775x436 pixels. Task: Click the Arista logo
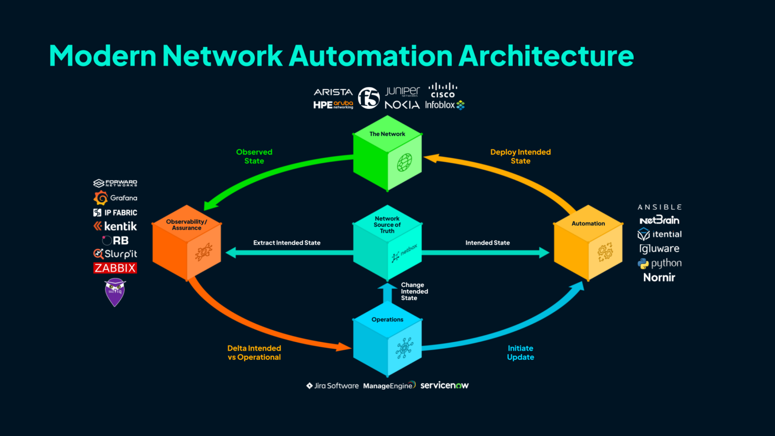click(x=333, y=92)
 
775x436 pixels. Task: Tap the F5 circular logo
click(x=368, y=98)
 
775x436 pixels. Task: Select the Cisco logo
click(x=442, y=91)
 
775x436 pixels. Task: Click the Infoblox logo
click(x=444, y=105)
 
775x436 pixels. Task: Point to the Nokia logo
click(x=402, y=105)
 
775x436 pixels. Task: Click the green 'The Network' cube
click(x=387, y=153)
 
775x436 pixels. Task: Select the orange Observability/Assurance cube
click(x=187, y=243)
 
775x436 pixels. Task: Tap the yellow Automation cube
click(x=588, y=243)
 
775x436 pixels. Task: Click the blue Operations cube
click(x=387, y=339)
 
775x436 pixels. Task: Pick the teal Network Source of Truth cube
click(x=387, y=243)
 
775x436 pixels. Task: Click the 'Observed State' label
click(x=254, y=156)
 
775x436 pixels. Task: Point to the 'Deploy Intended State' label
click(x=520, y=156)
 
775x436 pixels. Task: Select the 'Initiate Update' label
click(x=520, y=353)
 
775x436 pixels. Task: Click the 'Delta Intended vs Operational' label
click(x=254, y=353)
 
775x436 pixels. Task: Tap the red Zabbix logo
click(x=115, y=268)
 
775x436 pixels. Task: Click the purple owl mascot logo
click(x=115, y=292)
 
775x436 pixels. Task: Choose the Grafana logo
click(x=116, y=198)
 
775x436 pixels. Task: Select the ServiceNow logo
click(x=444, y=386)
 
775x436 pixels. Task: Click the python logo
click(x=659, y=263)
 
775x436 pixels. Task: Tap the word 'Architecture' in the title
click(x=546, y=56)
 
